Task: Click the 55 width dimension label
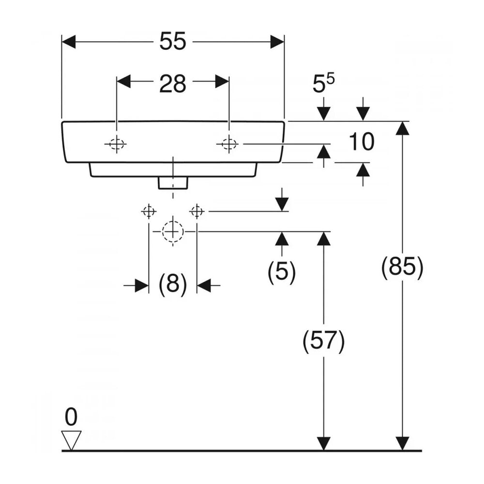pos(173,41)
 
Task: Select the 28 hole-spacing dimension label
pos(173,83)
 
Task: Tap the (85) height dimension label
pos(403,266)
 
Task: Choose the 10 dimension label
pos(362,142)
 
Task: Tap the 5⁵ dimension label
pos(323,83)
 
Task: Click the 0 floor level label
pos(71,417)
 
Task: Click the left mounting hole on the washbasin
pos(116,144)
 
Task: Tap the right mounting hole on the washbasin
pos(229,144)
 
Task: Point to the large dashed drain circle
pos(173,231)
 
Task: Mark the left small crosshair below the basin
pos(149,212)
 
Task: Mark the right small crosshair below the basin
pos(197,212)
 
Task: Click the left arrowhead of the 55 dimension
pos(69,42)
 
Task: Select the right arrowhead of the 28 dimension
pos(222,81)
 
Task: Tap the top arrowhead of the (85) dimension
pos(403,128)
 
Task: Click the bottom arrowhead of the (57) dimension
pos(323,444)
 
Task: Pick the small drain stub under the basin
pos(173,183)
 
